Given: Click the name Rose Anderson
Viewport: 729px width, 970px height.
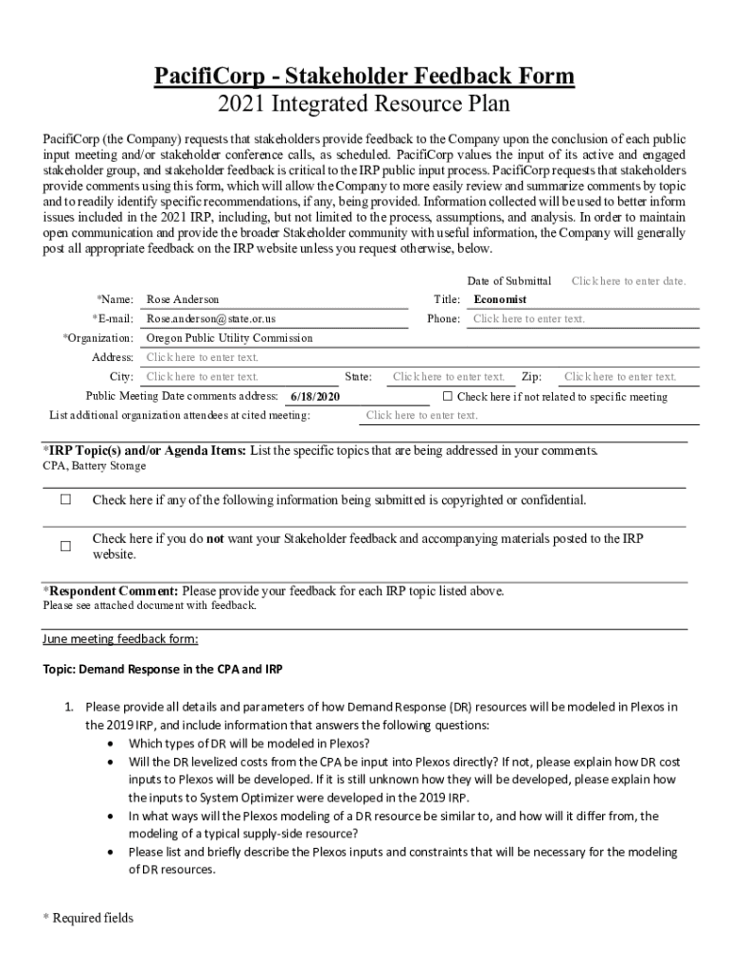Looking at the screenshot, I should [x=183, y=299].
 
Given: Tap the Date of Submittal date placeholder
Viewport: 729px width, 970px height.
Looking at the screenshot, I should [x=629, y=281].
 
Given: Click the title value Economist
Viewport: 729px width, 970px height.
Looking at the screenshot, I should [x=500, y=299].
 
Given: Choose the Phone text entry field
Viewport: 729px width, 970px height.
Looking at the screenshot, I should [x=528, y=319].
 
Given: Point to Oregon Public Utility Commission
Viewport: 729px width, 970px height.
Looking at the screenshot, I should [x=229, y=338].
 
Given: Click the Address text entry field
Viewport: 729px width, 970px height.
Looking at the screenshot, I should [x=202, y=357].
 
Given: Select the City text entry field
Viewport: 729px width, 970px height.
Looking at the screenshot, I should [x=202, y=377].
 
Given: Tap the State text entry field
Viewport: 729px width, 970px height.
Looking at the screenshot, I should [x=449, y=377].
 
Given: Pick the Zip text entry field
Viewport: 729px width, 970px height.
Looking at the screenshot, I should [x=620, y=377].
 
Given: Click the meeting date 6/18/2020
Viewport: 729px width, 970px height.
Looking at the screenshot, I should [x=315, y=397].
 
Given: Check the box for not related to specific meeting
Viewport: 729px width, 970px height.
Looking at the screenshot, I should [x=449, y=396].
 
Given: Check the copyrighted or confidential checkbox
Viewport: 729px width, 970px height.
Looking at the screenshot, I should [x=66, y=500].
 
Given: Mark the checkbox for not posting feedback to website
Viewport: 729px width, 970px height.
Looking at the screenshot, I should [x=66, y=547].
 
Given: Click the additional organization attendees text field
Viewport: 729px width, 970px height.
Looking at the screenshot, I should [x=421, y=416].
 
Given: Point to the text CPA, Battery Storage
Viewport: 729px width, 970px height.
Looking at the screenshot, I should [x=95, y=466].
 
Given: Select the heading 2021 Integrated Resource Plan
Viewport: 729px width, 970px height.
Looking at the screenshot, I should [x=364, y=104].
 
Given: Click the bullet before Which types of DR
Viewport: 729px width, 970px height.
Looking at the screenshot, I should [x=114, y=744].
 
